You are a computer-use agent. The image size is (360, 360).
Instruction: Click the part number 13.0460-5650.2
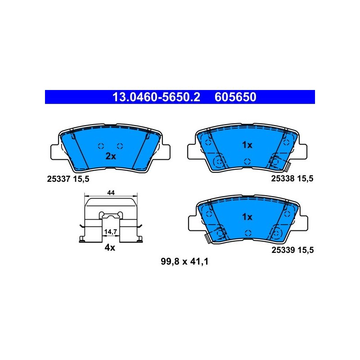(156, 97)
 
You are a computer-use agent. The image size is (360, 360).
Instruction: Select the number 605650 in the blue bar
(235, 97)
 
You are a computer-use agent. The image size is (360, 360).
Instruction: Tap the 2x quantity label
(111, 156)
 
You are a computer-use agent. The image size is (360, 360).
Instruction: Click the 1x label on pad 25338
(247, 145)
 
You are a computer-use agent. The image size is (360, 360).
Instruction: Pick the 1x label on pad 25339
(247, 217)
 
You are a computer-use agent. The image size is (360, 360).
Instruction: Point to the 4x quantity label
(110, 247)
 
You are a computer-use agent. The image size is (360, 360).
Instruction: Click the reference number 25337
(58, 179)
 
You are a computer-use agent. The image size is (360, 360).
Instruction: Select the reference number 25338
(283, 178)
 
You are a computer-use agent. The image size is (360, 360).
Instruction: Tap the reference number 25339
(283, 250)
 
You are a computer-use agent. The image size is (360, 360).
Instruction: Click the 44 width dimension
(111, 193)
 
